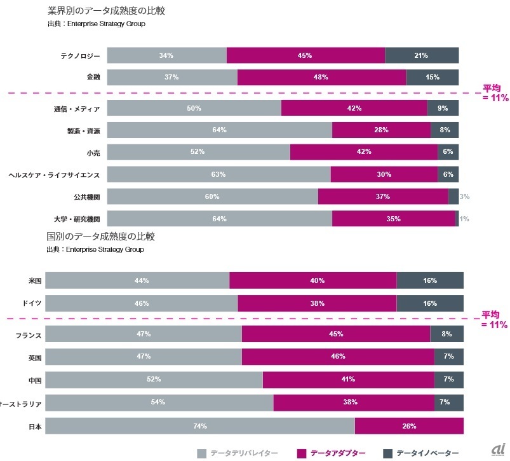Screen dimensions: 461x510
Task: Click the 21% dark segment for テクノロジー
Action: click(x=422, y=55)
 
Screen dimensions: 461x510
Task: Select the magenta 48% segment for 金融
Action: click(x=321, y=77)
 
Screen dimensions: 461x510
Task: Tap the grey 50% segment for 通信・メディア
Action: click(x=194, y=108)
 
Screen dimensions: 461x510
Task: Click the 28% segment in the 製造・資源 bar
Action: click(x=381, y=130)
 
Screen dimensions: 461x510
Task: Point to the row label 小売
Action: click(x=93, y=153)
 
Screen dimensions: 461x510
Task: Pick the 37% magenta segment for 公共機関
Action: click(x=382, y=196)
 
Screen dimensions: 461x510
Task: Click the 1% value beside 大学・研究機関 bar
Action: click(x=464, y=219)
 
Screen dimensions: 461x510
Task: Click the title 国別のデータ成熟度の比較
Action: click(x=100, y=237)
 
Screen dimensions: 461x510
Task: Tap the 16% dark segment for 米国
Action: click(x=430, y=280)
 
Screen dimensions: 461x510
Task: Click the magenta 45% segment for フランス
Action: click(x=336, y=334)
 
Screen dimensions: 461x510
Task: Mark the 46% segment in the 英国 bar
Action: click(x=338, y=356)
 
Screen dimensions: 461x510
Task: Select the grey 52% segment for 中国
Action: click(x=154, y=379)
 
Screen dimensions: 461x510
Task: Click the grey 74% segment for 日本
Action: click(x=199, y=426)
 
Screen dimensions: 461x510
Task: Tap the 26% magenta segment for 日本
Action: click(x=409, y=426)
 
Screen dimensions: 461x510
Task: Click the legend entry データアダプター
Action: click(x=332, y=453)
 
